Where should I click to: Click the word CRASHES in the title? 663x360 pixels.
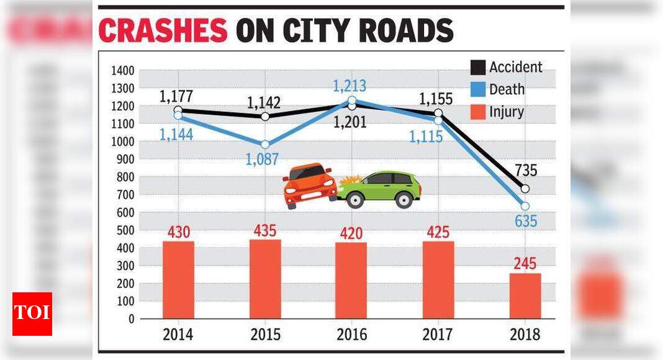pyautogui.click(x=163, y=30)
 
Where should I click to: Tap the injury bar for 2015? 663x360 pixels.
pyautogui.click(x=265, y=279)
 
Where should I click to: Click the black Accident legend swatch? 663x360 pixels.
pyautogui.click(x=477, y=68)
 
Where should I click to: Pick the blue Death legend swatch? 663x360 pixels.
pyautogui.click(x=477, y=90)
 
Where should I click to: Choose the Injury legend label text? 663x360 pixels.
pyautogui.click(x=506, y=112)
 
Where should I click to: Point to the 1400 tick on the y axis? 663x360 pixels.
pyautogui.click(x=122, y=71)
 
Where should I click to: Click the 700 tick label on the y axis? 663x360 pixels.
pyautogui.click(x=125, y=195)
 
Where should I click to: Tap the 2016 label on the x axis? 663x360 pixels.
pyautogui.click(x=351, y=335)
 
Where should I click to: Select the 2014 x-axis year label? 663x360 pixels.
pyautogui.click(x=178, y=335)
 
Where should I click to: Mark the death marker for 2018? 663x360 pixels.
pyautogui.click(x=525, y=206)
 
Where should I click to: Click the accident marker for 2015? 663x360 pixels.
pyautogui.click(x=265, y=116)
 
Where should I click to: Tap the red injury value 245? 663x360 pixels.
pyautogui.click(x=525, y=263)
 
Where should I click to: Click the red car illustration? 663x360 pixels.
pyautogui.click(x=310, y=186)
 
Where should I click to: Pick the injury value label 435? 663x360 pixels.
pyautogui.click(x=265, y=230)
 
